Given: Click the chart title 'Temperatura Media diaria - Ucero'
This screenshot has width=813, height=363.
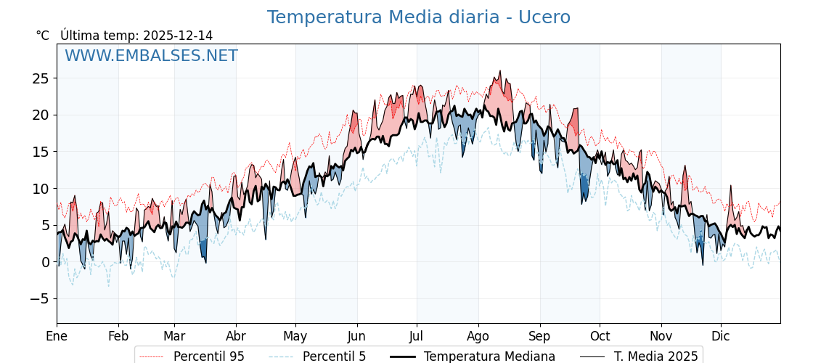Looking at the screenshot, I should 418,17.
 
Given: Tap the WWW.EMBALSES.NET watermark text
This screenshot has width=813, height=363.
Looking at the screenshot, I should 151,56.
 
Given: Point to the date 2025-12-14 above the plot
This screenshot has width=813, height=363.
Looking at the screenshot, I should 178,36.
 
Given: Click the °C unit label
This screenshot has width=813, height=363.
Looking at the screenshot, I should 43,36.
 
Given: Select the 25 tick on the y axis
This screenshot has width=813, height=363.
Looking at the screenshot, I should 41,78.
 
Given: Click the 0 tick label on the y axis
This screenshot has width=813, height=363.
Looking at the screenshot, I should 46,262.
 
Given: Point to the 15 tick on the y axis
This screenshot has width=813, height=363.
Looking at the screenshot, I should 41,152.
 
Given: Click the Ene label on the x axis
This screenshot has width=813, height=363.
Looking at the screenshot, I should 57,336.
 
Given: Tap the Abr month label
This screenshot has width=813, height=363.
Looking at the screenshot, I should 236,336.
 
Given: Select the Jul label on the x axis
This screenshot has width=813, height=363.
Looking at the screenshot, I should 417,336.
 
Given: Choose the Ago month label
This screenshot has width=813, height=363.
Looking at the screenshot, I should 478,336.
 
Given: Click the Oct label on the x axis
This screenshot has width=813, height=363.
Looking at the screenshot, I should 600,336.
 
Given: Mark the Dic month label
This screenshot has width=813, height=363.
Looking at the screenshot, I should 721,336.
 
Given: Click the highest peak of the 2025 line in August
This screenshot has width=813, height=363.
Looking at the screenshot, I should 499,71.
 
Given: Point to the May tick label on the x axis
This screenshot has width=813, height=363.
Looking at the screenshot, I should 295,336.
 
